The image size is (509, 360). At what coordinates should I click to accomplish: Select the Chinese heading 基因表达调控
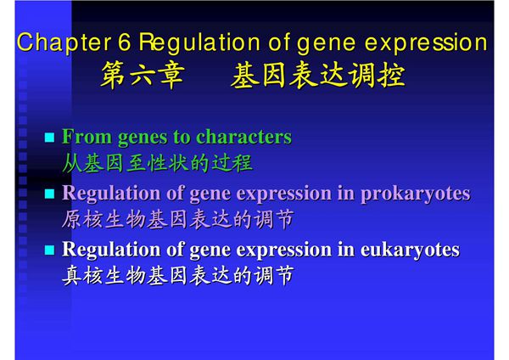[317, 76]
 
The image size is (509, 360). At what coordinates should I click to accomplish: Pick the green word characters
[243, 137]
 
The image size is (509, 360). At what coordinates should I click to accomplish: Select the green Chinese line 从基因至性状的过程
[157, 162]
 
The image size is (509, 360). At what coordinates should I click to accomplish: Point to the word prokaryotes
[415, 194]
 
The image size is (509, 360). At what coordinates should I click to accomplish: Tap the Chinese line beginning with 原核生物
[178, 219]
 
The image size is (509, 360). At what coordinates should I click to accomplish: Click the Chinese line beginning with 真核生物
[178, 276]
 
